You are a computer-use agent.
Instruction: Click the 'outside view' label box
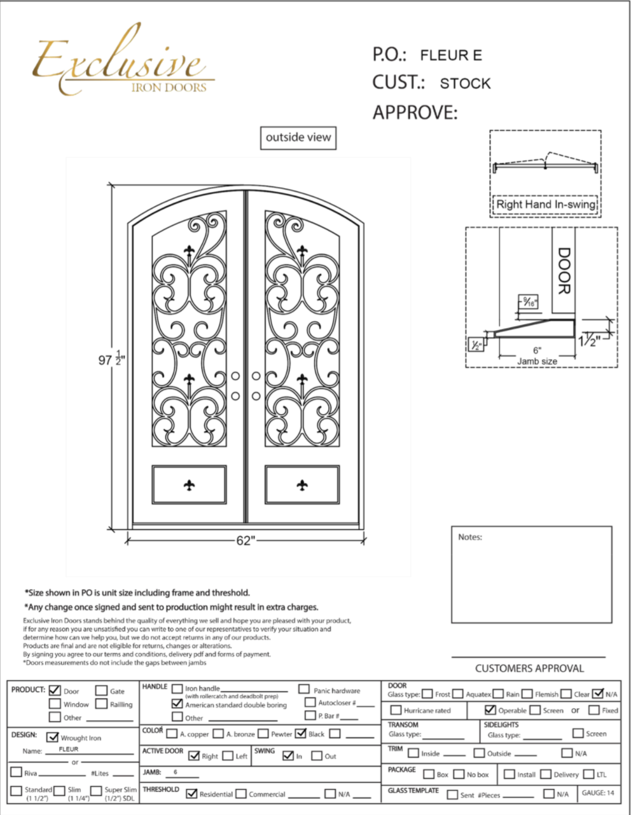pos(298,137)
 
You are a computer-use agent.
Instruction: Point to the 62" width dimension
pos(245,540)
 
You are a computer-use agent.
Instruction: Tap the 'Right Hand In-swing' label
pos(546,205)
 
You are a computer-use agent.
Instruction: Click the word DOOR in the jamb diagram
pos(564,271)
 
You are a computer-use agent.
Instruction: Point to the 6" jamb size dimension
pos(537,350)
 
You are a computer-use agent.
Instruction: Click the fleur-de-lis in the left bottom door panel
pos(189,486)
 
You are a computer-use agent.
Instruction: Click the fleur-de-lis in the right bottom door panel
pos(302,486)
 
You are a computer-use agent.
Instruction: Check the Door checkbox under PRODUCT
pos(55,690)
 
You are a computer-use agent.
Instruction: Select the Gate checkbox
pos(101,690)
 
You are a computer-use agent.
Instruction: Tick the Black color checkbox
pos(301,733)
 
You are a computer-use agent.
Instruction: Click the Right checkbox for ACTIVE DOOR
pos(194,756)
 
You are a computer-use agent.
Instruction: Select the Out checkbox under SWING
pos(317,756)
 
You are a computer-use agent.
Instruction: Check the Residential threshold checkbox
pos(191,793)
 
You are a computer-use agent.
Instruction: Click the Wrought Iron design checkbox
pos(52,737)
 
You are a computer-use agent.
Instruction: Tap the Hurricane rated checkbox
pos(396,710)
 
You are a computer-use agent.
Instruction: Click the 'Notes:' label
pos(470,537)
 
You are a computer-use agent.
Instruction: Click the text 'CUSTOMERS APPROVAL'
pos(529,669)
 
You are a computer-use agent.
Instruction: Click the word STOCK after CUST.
pos(465,83)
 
